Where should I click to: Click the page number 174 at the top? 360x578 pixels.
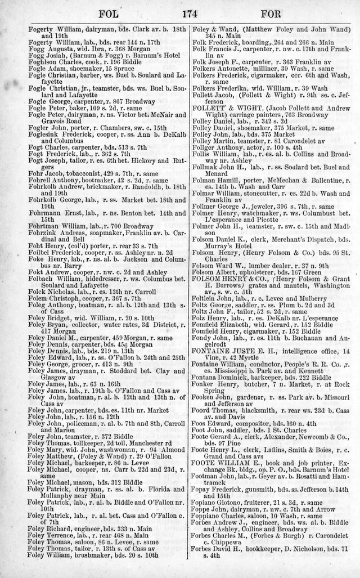click(179, 13)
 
